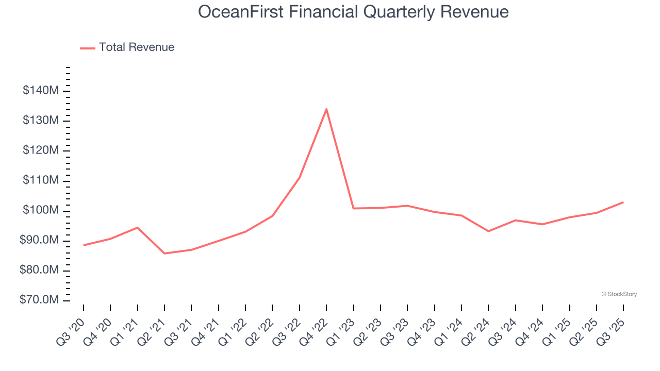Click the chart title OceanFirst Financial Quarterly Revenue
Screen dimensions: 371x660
point(353,12)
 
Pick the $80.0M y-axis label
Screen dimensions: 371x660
point(40,271)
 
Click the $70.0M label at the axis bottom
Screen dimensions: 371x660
point(40,300)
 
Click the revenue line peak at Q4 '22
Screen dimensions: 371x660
point(326,109)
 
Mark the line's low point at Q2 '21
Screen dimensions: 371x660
point(164,254)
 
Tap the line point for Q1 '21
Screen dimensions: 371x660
point(137,227)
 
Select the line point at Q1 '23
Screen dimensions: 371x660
point(353,208)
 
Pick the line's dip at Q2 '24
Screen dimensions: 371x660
point(488,231)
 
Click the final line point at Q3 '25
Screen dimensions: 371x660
point(623,202)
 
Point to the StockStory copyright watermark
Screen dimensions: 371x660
point(619,294)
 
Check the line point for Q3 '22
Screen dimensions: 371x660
point(299,178)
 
